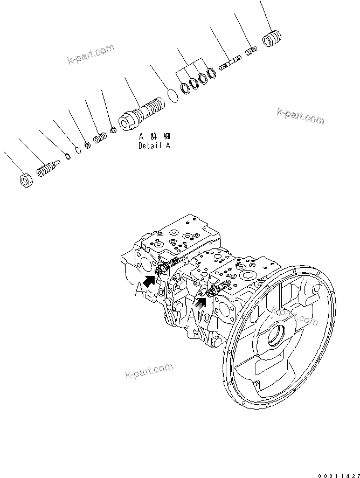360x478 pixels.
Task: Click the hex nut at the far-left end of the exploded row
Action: (25, 181)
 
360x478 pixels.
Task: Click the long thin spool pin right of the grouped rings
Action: (231, 64)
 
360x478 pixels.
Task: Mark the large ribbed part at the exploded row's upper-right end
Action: (273, 39)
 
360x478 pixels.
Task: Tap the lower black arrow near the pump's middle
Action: (200, 302)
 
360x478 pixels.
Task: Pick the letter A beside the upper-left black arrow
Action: (141, 290)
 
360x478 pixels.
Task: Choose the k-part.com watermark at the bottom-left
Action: (149, 370)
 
